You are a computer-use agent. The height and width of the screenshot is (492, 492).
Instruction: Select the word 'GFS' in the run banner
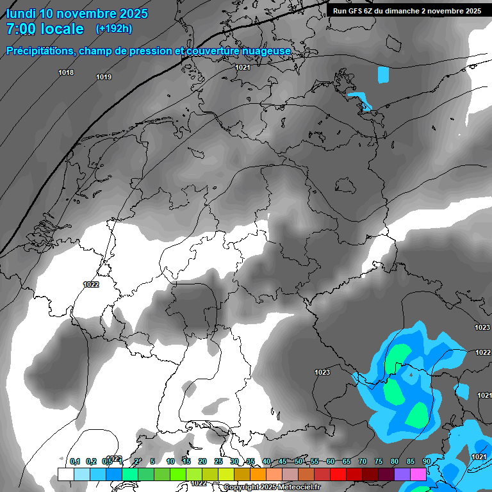point(356,11)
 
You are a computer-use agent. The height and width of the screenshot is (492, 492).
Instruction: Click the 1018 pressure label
point(66,72)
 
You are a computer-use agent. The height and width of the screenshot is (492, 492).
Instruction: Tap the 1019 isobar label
point(104,78)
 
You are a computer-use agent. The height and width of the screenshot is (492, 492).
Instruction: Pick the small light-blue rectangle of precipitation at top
point(383,75)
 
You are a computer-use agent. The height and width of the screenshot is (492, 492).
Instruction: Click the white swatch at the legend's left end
point(65,474)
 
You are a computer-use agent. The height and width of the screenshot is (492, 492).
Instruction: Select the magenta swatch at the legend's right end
point(418,474)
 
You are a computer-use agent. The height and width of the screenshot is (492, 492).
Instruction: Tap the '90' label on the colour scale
point(426,461)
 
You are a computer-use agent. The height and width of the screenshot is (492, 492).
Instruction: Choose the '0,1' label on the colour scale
point(75,461)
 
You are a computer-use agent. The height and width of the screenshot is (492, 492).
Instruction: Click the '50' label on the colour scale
point(299,461)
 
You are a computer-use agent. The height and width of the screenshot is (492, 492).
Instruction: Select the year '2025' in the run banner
point(472,11)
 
